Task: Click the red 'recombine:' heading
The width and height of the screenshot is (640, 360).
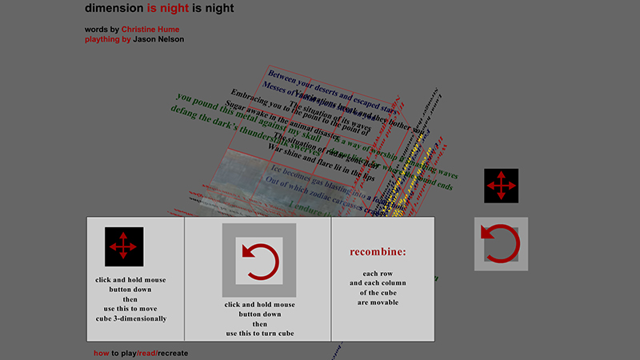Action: point(378,252)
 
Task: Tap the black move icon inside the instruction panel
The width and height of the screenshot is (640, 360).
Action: point(123,246)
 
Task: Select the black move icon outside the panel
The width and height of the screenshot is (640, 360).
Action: point(501,186)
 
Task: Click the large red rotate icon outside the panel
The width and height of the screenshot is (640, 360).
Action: point(501,244)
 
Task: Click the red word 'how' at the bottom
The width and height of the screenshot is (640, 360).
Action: point(101,353)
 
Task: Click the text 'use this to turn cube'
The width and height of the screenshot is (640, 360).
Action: point(259,333)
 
